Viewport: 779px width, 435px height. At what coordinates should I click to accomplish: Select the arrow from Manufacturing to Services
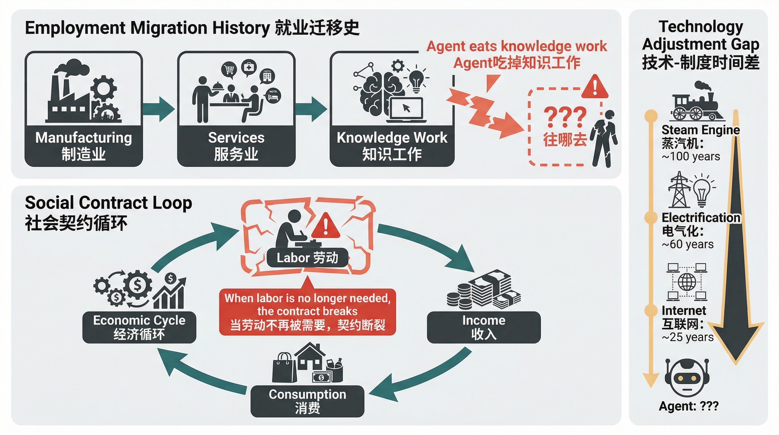point(159,109)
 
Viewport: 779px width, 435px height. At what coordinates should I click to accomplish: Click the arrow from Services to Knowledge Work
point(311,109)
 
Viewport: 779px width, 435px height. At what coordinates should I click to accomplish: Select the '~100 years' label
point(691,157)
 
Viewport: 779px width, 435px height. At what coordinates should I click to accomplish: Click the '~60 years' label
point(688,244)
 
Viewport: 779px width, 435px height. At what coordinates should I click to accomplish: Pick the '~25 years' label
point(688,337)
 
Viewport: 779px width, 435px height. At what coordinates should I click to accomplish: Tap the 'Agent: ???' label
point(689,406)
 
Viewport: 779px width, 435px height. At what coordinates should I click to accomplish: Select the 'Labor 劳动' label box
point(307,258)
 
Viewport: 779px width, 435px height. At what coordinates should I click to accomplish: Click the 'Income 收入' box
point(483,327)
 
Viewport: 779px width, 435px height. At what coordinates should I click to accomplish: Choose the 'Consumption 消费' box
point(307,401)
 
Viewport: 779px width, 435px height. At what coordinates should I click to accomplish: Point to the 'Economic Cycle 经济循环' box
point(139,327)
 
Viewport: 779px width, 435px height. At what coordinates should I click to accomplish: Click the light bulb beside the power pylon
point(702,191)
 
